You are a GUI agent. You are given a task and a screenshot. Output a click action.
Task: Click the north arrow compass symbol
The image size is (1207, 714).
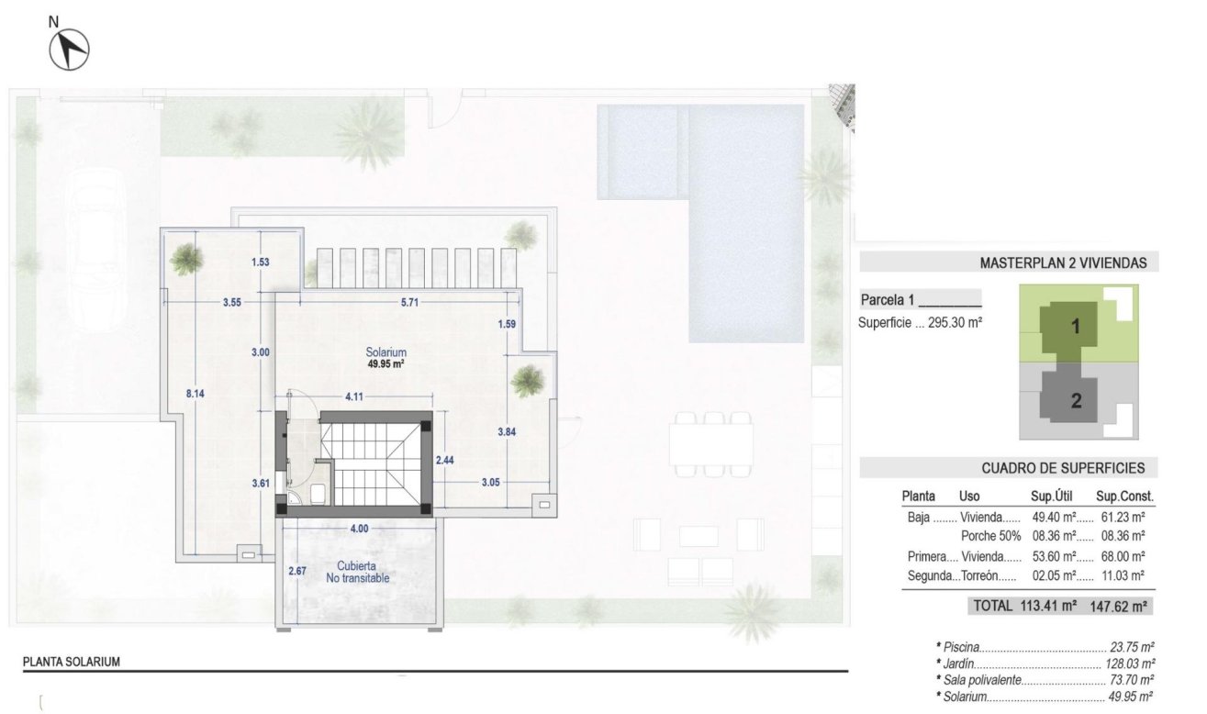(x=69, y=48)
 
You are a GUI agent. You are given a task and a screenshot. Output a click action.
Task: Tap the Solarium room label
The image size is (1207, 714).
(x=386, y=352)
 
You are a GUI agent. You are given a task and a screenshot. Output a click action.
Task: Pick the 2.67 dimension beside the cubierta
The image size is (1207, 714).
(x=296, y=572)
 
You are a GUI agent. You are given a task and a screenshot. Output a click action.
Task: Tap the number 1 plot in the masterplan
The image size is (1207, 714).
(x=1075, y=325)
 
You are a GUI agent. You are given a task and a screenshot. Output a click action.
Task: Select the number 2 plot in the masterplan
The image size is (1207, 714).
(x=1076, y=400)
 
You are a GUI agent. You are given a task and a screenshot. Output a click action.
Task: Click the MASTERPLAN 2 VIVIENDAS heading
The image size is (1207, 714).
(x=1063, y=263)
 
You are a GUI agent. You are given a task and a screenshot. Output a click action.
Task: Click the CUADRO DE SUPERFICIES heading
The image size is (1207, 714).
(x=1063, y=468)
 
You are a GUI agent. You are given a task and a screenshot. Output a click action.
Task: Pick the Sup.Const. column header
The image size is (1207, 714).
(x=1126, y=496)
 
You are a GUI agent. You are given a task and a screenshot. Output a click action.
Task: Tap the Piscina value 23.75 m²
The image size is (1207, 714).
(x=1132, y=646)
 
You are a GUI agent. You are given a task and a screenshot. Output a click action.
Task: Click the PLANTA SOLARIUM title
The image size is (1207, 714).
(x=72, y=661)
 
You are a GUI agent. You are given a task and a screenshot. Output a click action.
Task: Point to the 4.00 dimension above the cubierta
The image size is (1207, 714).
(x=359, y=529)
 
